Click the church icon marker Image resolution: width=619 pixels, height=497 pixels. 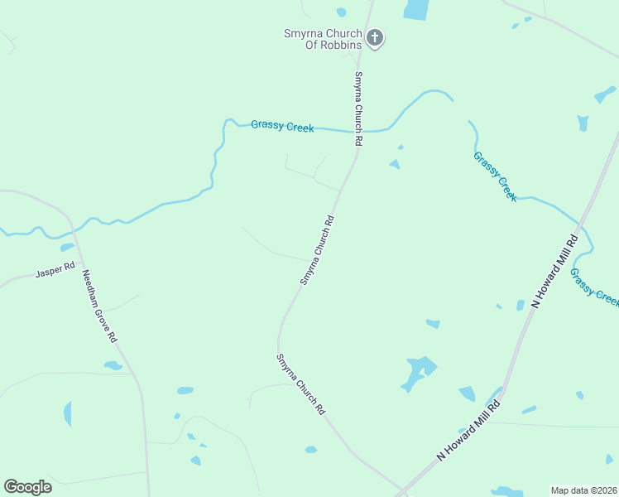click(375, 37)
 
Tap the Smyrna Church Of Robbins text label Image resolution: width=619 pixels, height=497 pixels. click(322, 38)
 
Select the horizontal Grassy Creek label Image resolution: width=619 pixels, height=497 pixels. click(282, 126)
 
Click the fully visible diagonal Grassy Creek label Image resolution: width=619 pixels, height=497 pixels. click(495, 176)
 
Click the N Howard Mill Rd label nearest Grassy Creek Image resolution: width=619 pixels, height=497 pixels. click(554, 271)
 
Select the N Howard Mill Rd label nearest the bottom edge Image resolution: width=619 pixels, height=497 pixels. click(469, 430)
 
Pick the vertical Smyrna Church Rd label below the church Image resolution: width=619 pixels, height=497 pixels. click(358, 109)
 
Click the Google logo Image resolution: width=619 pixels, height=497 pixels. click(27, 487)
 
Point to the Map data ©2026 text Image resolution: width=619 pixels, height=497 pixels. click(583, 490)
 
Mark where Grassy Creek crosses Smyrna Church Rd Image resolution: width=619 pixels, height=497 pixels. click(360, 131)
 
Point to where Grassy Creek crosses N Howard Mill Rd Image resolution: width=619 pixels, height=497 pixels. click(581, 223)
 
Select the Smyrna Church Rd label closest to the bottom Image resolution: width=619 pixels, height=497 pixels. click(300, 384)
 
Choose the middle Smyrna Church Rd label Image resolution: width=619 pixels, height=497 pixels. click(317, 250)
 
